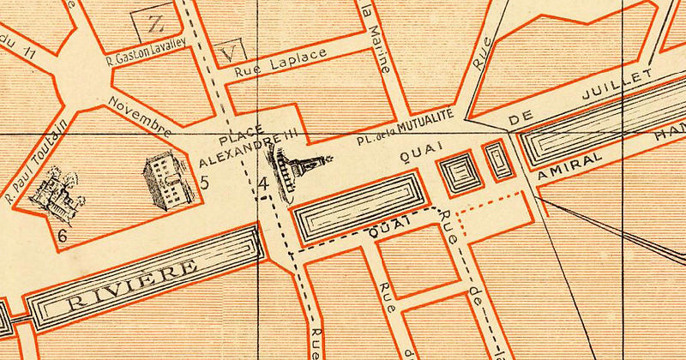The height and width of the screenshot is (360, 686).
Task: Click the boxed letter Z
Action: click(x=154, y=21)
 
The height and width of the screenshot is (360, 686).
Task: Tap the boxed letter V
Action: click(x=226, y=51)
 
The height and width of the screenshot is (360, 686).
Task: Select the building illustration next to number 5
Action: click(x=165, y=178)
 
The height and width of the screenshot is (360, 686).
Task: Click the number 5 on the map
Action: click(x=204, y=182)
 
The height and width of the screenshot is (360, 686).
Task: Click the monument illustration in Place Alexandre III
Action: click(x=296, y=168)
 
